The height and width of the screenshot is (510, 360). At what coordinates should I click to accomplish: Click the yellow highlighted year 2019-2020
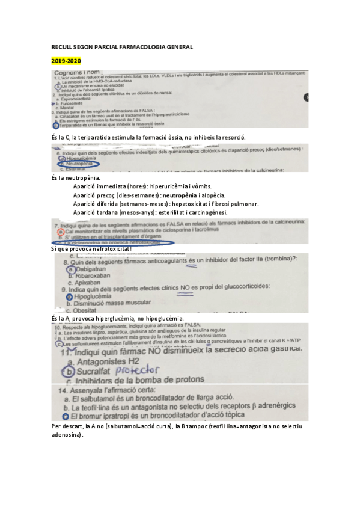point(66,61)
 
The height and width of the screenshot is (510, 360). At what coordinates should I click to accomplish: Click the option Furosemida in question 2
point(73,103)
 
